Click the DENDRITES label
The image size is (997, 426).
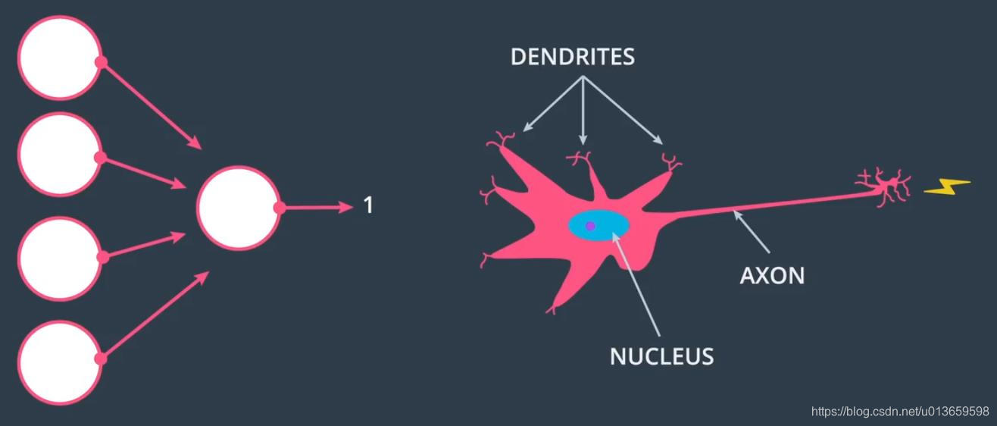point(572,57)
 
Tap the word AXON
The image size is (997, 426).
point(771,275)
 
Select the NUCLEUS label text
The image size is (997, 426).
point(661,356)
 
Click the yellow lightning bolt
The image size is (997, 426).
point(947,186)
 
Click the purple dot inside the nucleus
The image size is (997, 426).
point(590,226)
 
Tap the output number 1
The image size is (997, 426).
point(368,205)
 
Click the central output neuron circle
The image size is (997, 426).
point(238,208)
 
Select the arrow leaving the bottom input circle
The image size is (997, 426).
point(155,314)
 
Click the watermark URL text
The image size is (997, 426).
point(900,412)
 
